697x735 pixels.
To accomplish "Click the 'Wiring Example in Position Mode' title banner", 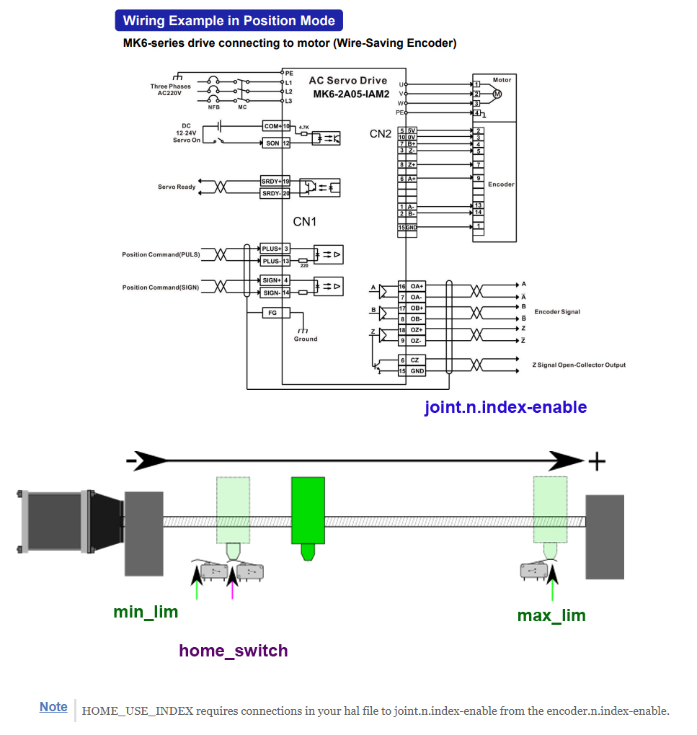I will (x=228, y=21).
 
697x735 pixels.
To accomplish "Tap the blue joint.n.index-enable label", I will (x=505, y=407).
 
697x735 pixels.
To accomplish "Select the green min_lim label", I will (x=145, y=612).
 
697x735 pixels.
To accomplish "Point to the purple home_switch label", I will (x=233, y=651).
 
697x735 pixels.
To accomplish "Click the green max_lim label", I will (x=551, y=615).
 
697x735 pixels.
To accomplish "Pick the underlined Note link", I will (x=53, y=707).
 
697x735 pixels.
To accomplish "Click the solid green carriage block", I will (x=308, y=510).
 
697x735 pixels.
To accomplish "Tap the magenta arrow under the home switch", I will (x=232, y=582).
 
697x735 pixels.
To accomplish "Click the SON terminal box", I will (x=272, y=143).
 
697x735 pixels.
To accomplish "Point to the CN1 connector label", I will (x=304, y=221).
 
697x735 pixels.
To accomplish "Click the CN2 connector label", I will (x=381, y=134).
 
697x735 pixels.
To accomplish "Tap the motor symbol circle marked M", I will (x=497, y=94).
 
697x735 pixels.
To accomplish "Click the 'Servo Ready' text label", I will (x=177, y=187).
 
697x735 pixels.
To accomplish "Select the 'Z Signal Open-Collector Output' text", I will (x=579, y=365).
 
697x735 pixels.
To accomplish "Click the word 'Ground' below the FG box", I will (x=306, y=339).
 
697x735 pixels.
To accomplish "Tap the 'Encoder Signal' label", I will (x=557, y=312).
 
